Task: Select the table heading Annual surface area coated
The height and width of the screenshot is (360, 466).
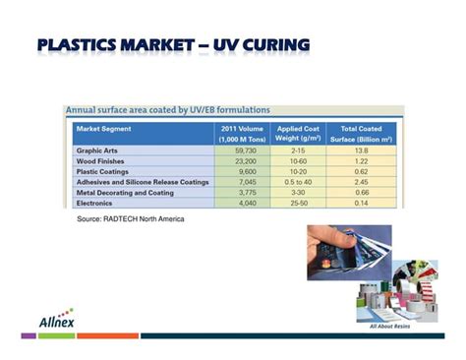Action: click(x=167, y=109)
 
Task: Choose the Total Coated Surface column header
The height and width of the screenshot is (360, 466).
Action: click(x=361, y=134)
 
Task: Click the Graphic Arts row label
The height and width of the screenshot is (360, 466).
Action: click(x=97, y=150)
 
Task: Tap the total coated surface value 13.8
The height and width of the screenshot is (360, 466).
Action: click(x=361, y=150)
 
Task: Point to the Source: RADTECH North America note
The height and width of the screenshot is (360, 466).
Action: click(x=130, y=218)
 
